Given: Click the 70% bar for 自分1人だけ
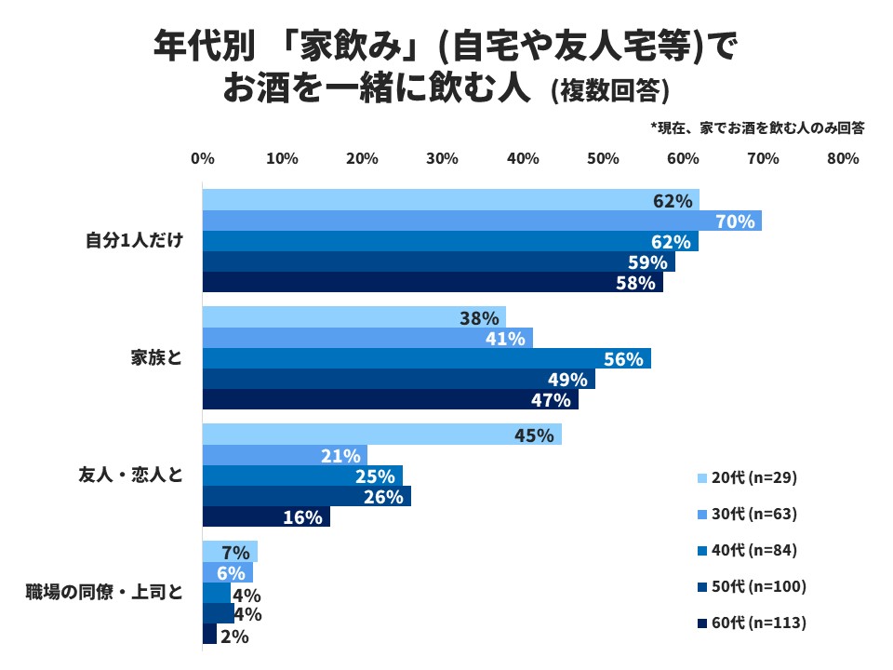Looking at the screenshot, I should click(482, 221).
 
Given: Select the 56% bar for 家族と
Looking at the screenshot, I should click(426, 358).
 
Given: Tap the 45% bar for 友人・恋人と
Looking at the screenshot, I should click(381, 435).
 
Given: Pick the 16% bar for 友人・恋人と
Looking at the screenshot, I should click(266, 516).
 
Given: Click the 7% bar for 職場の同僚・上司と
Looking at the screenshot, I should click(230, 552).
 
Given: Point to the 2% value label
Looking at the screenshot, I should click(233, 636).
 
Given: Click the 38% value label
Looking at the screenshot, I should click(480, 318).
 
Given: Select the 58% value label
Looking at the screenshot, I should click(636, 283).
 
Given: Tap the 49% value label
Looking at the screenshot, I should click(567, 380).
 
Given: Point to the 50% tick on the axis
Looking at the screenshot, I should click(603, 159).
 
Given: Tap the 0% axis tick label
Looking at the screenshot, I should click(203, 159).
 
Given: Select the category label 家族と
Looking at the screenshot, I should click(156, 357).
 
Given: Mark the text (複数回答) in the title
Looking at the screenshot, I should click(609, 90).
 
